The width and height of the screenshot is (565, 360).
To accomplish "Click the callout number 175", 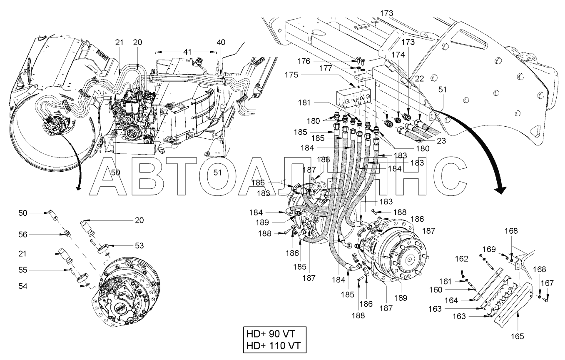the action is coord(291,75).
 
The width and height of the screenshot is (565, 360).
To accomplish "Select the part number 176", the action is coord(304,61).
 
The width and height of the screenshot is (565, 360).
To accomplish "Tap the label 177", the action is coord(325,68).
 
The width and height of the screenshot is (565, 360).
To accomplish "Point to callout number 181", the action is coord(304,103).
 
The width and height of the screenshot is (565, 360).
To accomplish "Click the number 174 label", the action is coord(398,55).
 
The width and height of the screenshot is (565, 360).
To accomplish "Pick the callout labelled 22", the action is coord(419,79).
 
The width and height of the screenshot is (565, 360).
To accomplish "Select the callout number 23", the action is coord(441,141).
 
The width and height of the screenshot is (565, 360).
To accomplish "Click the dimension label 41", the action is coord(187,52).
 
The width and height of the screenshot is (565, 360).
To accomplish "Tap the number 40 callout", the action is coord(221,42).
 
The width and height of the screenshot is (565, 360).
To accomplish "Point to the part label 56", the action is coord(23,235).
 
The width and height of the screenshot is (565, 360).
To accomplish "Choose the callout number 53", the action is coord(139,246).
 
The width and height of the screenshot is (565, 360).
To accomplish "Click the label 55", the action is coord(23,270).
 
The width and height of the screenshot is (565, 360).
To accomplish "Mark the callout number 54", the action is coord(23,286).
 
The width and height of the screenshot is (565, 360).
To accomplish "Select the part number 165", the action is coord(518,337).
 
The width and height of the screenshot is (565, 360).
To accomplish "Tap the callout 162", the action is coord(462,259).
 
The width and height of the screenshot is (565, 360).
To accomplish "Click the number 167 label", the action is coord(547,283).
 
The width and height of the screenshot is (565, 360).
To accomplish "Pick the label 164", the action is coord(451,300).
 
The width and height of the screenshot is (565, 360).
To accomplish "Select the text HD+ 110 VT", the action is coord(274,345).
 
